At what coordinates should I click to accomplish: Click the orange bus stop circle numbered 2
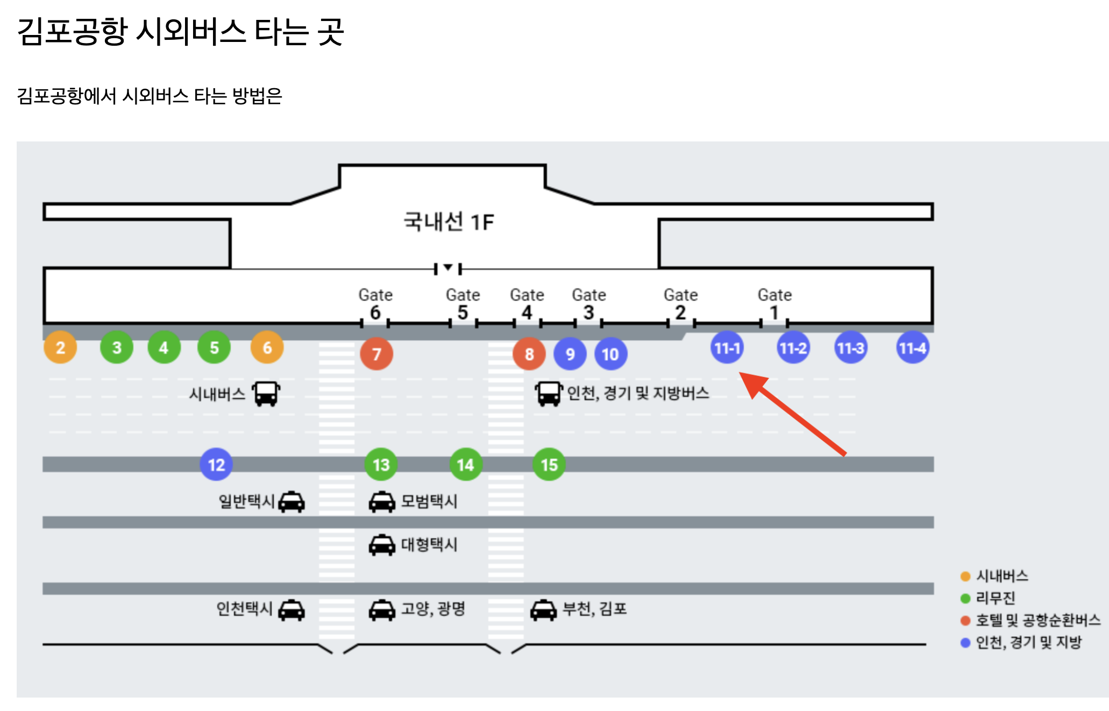pyautogui.click(x=60, y=347)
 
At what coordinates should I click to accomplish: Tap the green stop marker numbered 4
pyautogui.click(x=164, y=347)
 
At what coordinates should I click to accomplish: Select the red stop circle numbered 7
pyautogui.click(x=376, y=354)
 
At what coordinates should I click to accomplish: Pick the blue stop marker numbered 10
pyautogui.click(x=610, y=354)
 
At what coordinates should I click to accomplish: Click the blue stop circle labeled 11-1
pyautogui.click(x=727, y=348)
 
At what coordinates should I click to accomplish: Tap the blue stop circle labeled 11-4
pyautogui.click(x=913, y=348)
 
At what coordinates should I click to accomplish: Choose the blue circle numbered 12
pyautogui.click(x=216, y=465)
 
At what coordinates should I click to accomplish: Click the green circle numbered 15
pyautogui.click(x=549, y=465)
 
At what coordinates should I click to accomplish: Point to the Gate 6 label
pyautogui.click(x=375, y=304)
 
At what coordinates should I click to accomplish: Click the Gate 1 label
pyautogui.click(x=774, y=304)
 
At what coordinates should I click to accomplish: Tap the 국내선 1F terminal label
pyautogui.click(x=449, y=222)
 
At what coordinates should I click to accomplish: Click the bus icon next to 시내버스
pyautogui.click(x=266, y=394)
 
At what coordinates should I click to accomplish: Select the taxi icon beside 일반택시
pyautogui.click(x=292, y=502)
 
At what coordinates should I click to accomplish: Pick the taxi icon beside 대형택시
pyautogui.click(x=382, y=545)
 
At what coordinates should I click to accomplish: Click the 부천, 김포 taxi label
pyautogui.click(x=594, y=609)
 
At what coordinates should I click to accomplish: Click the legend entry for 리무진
pyautogui.click(x=995, y=598)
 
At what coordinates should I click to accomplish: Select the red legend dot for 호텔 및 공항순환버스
pyautogui.click(x=965, y=621)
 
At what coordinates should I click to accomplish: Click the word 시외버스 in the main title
pyautogui.click(x=191, y=31)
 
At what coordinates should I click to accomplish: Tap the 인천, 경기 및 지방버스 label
pyautogui.click(x=638, y=393)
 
